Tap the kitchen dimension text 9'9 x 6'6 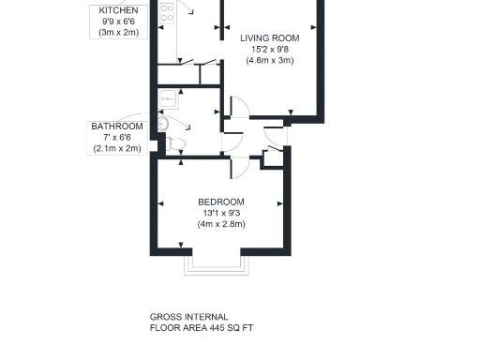tap(117, 21)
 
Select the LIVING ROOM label tap(270, 38)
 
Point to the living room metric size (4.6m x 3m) tap(270, 61)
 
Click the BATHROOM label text tap(117, 127)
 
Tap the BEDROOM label tap(221, 202)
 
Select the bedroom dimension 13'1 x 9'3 tap(221, 214)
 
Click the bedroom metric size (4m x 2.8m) tap(221, 225)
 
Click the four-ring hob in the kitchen tap(167, 12)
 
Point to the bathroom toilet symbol tap(177, 143)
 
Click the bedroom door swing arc tap(239, 167)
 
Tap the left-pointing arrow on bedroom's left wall tap(162, 202)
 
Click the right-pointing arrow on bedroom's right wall tap(279, 202)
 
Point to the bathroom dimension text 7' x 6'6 tap(117, 138)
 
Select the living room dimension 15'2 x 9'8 tap(270, 50)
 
